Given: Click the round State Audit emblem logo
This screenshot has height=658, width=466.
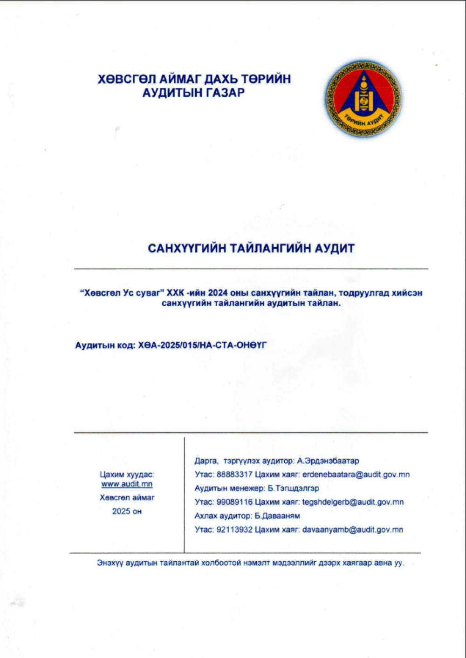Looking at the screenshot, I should point(363,98).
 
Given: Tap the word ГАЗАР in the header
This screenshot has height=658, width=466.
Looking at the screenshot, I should point(226,93).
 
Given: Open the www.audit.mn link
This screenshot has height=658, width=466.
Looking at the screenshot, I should point(127,484).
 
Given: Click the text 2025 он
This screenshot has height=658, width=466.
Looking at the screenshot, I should point(127,511).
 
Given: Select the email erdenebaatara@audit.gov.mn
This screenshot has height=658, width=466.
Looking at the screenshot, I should point(356,475).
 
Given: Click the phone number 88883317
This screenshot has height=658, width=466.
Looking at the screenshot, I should point(234,475).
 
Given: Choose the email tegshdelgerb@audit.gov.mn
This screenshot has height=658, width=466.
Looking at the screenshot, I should point(353,502).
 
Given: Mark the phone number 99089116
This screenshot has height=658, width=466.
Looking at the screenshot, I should point(234,502).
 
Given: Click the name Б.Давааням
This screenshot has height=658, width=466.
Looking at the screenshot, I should point(277,516).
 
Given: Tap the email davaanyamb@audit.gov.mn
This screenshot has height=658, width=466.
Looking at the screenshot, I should point(353,529).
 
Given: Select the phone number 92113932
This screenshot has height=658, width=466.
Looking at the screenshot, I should point(234,529).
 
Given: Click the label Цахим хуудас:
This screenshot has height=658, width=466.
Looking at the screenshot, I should point(127,475).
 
